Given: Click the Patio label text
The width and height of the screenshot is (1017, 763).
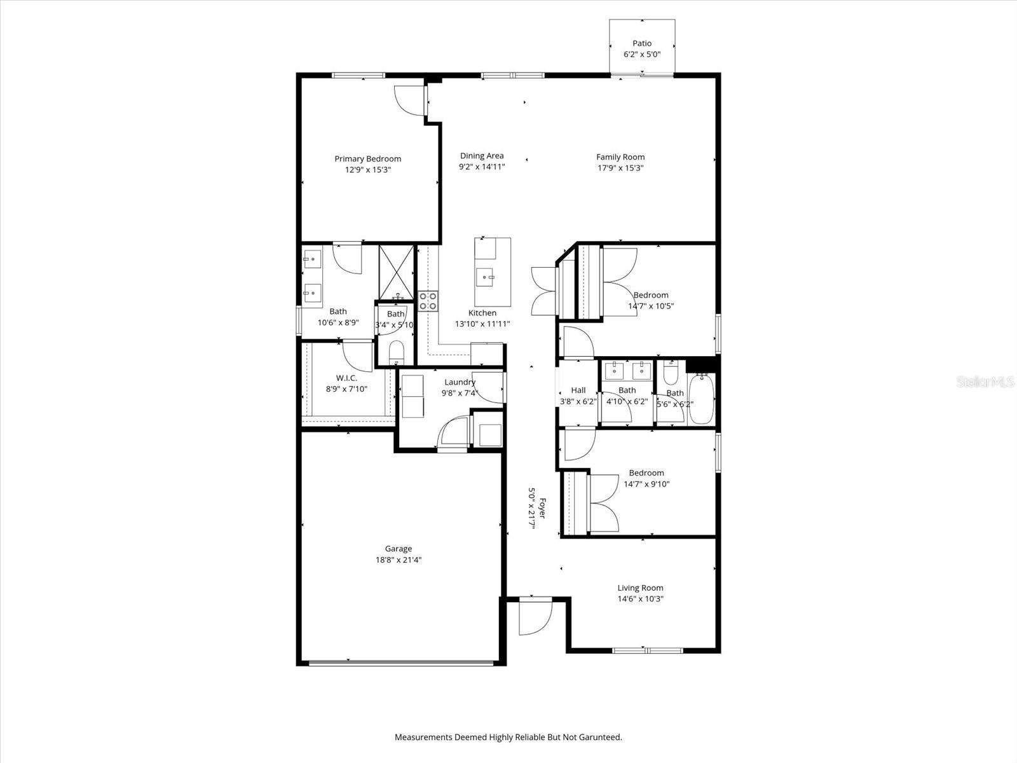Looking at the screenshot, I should [x=642, y=43].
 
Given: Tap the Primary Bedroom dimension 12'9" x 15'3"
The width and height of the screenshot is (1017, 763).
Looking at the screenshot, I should [x=368, y=170].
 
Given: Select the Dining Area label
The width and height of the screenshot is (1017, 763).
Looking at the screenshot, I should [x=482, y=156].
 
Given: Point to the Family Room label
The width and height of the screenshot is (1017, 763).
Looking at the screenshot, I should [x=620, y=157].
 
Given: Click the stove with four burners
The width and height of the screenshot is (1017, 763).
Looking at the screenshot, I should [x=428, y=300].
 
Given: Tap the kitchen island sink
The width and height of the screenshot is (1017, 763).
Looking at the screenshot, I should [x=486, y=277].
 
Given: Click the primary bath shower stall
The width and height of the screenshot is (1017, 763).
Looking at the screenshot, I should [x=397, y=272].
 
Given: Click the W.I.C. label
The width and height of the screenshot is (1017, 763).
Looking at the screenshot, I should [x=346, y=378].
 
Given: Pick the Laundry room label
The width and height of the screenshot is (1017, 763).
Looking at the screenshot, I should [x=459, y=382].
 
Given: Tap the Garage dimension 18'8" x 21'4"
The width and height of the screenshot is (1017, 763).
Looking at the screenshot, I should [x=399, y=560].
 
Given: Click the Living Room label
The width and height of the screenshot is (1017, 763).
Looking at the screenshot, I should [x=640, y=588].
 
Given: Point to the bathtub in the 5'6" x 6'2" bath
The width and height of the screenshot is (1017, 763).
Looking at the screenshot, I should [x=702, y=399].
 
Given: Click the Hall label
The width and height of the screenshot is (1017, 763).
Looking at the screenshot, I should [x=578, y=390].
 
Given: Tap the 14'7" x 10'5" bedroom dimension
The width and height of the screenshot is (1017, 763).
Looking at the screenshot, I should [x=651, y=306].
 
